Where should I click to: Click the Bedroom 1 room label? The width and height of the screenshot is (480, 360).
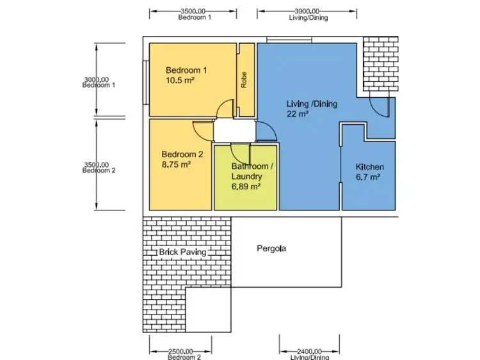186,70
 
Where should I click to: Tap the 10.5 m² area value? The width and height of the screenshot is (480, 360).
180,81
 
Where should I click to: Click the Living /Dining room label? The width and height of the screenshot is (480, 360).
311,104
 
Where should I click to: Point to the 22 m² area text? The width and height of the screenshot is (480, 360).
298,114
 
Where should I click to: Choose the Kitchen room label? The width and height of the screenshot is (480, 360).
370,167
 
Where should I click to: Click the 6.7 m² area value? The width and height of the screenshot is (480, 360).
368,177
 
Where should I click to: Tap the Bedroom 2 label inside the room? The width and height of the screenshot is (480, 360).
182,154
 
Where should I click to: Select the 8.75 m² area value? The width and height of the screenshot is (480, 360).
176,164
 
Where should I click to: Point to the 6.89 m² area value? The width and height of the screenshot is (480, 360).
246,187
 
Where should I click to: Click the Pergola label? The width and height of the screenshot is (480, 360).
271,248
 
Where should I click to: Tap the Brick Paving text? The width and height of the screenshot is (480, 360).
182,252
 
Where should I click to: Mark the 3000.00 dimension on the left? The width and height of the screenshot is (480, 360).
96,80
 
